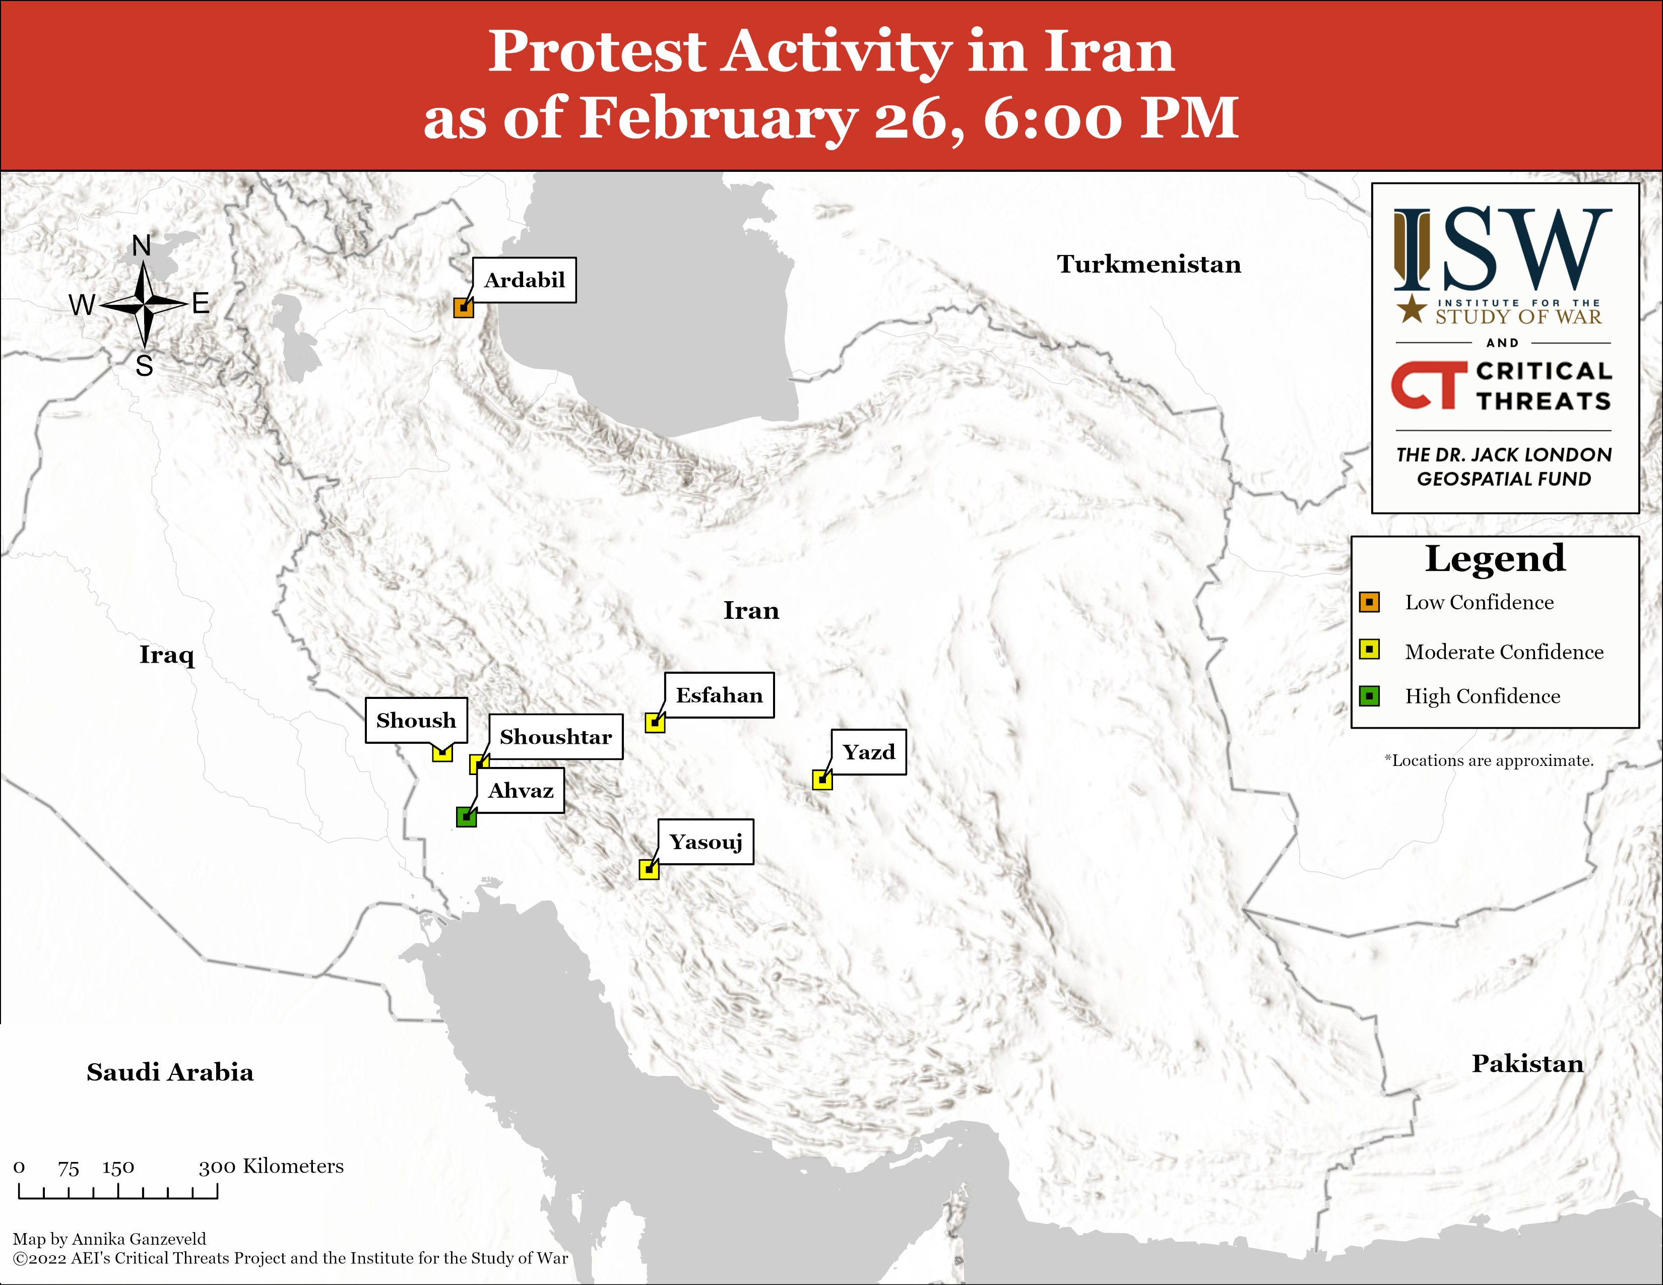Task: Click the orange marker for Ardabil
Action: click(464, 307)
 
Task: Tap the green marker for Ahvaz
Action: click(466, 817)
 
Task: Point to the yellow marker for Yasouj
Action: click(649, 869)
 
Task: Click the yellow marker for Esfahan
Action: click(655, 723)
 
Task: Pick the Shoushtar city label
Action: click(556, 737)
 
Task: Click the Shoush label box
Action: click(416, 720)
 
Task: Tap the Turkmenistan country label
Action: click(1149, 264)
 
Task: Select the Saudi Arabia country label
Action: click(170, 1072)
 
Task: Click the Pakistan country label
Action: click(1527, 1063)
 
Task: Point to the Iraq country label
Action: click(167, 655)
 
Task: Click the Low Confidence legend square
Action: click(1369, 602)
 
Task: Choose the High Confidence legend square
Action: click(1369, 696)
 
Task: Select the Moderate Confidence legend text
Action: click(1504, 652)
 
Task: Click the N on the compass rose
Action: click(142, 245)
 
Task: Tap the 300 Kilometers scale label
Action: click(271, 1166)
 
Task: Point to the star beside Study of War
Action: click(1412, 308)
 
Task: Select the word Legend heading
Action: click(1495, 559)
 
